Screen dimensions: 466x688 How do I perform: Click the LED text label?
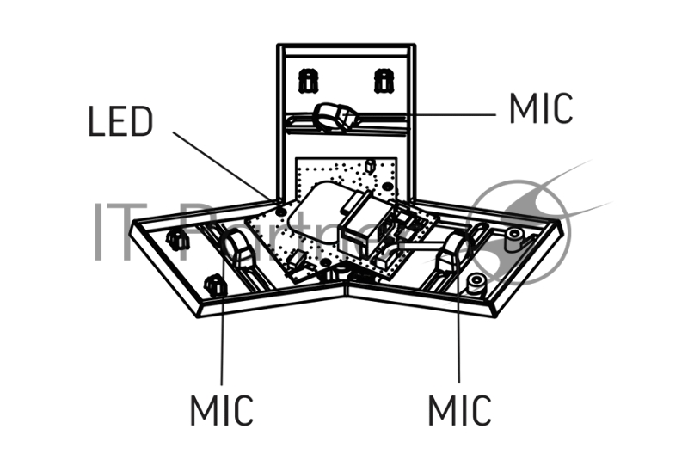120,122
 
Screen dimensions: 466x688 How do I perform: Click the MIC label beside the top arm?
540,108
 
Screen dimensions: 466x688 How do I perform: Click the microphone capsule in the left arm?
238,249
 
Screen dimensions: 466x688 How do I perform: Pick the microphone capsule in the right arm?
449,253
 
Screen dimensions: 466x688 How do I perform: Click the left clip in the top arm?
306,82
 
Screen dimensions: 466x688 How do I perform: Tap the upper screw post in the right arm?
516,234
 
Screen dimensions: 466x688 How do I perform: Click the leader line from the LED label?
225,165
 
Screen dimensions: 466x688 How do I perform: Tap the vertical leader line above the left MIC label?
222,327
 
